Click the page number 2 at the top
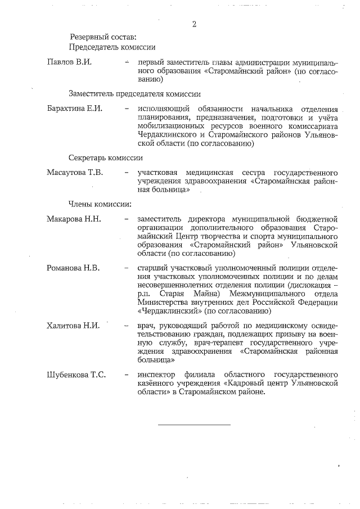tap(194, 24)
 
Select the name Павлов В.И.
tap(69, 62)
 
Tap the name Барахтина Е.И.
tap(74, 109)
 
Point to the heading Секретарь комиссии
tap(106, 159)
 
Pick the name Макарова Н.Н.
tap(73, 219)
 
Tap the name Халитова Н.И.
tap(73, 326)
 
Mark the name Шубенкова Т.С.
tap(76, 374)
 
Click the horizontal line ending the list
tap(194, 424)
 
